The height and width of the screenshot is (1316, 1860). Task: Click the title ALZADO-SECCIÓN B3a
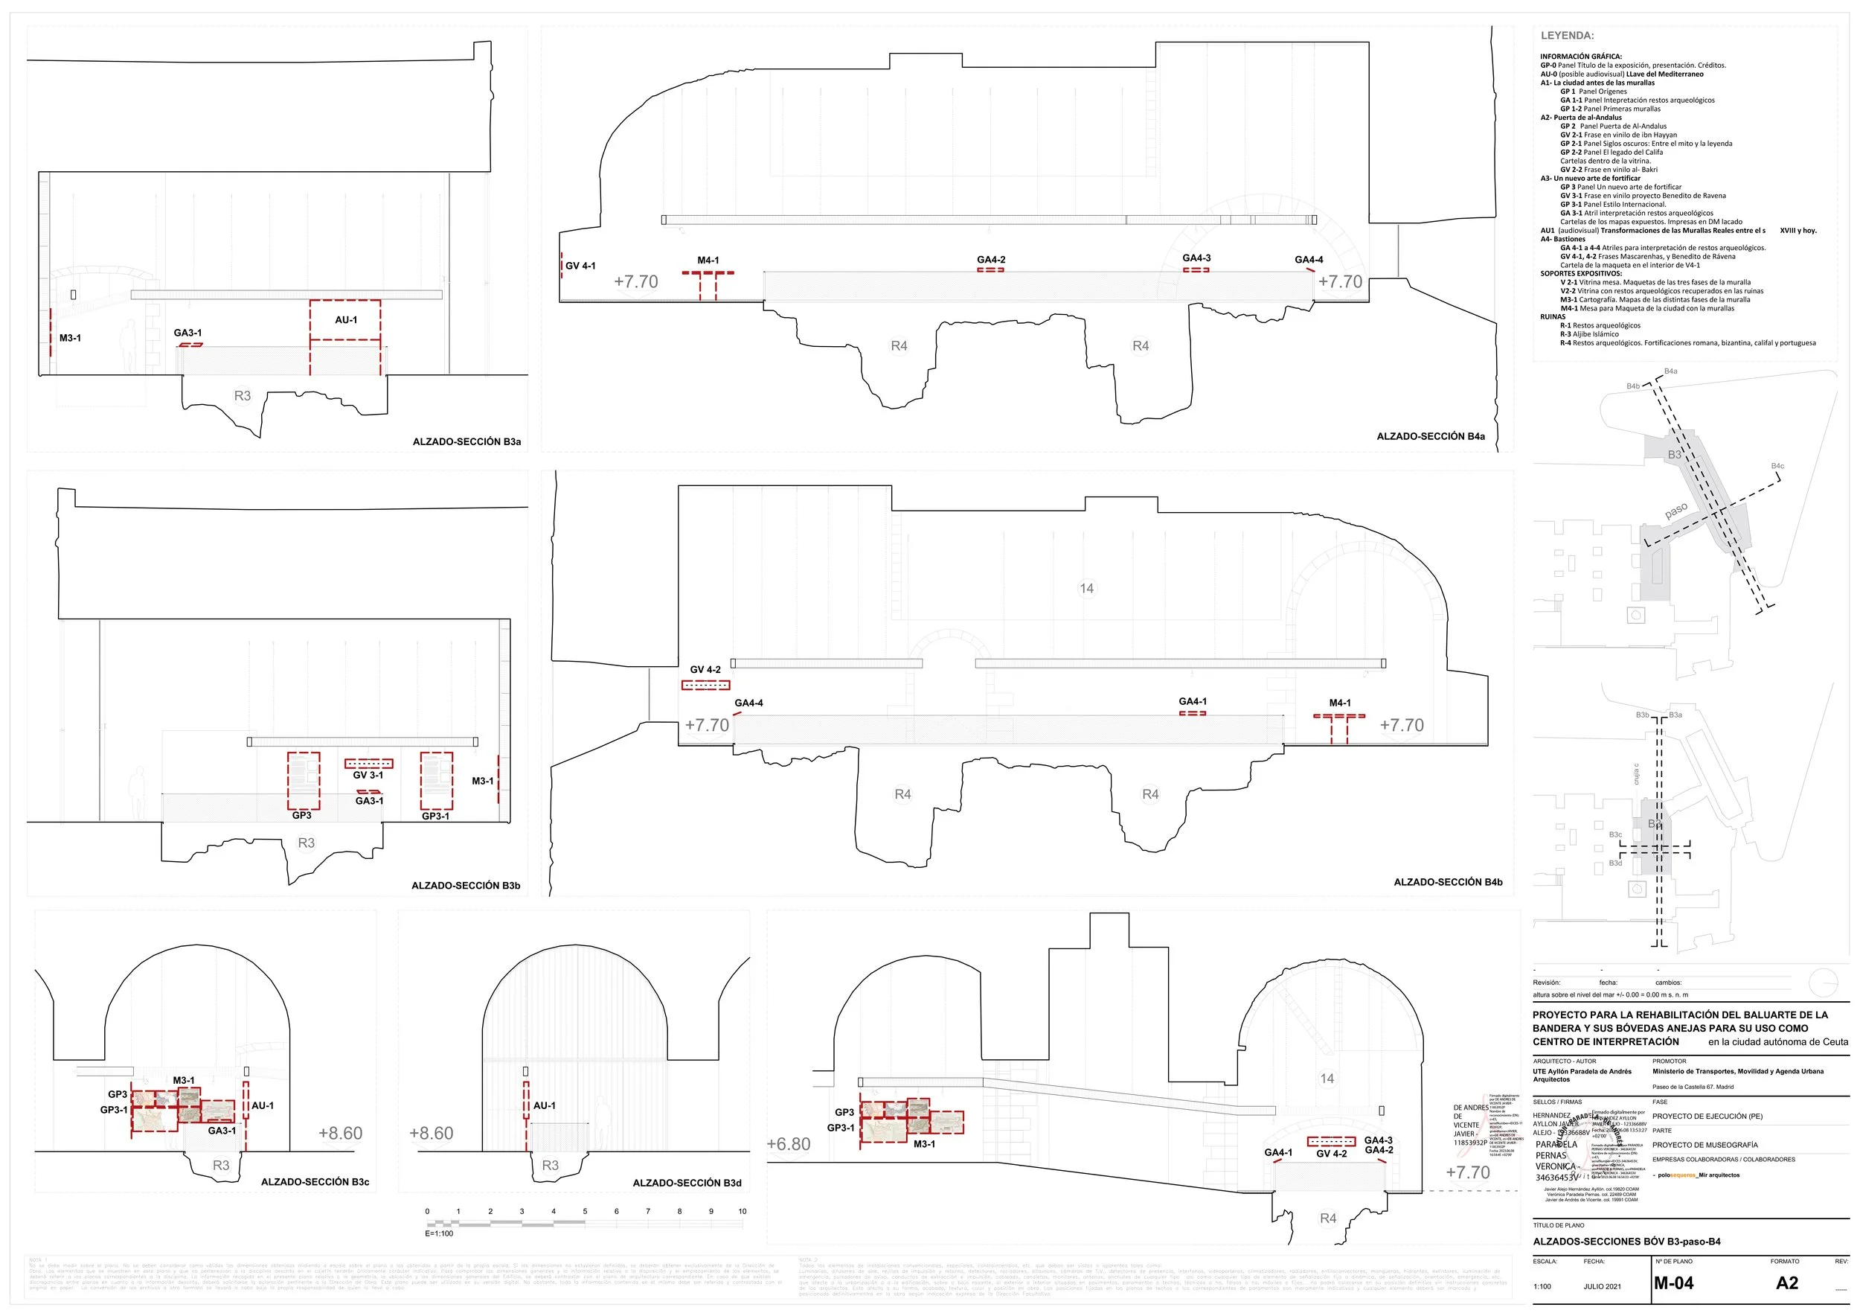click(466, 441)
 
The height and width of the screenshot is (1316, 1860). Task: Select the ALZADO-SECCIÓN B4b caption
click(1448, 881)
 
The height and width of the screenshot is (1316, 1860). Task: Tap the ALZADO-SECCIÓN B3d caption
click(687, 1182)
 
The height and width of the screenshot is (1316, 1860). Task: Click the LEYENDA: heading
click(1567, 36)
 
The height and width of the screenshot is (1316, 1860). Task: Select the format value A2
click(1786, 1283)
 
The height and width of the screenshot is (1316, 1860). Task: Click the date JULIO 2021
click(1602, 1286)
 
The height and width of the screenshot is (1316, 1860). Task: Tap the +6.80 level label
click(788, 1143)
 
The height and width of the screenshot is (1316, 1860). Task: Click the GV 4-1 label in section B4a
click(580, 266)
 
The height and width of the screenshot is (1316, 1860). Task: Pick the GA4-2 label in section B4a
click(991, 260)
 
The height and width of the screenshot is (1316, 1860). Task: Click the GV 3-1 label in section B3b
click(368, 776)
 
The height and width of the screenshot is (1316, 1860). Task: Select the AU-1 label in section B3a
click(346, 320)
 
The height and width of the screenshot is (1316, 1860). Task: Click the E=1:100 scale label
click(439, 1233)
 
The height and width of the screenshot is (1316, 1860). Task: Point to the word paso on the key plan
click(1676, 511)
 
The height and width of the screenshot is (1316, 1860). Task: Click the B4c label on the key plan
click(1777, 466)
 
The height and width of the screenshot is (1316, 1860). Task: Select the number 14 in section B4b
click(1086, 588)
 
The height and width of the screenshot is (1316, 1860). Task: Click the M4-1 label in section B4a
click(708, 260)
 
